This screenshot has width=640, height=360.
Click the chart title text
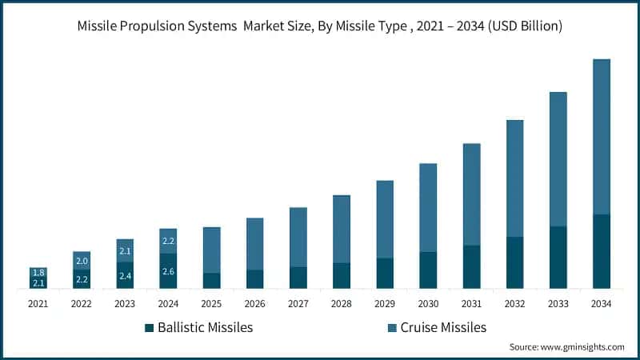[320, 26]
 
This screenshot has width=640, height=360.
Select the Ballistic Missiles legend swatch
[149, 327]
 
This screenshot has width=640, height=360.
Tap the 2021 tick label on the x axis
[38, 304]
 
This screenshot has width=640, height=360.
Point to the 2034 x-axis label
[601, 304]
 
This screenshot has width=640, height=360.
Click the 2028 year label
[342, 304]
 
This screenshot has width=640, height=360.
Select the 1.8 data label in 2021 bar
[38, 273]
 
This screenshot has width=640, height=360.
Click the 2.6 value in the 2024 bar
[168, 272]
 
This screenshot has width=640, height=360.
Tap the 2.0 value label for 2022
[82, 261]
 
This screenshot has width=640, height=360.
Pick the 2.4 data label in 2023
[125, 277]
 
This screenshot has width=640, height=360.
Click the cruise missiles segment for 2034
[601, 136]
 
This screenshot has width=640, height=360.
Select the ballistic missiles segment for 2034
[601, 251]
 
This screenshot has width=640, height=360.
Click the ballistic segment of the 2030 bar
[428, 270]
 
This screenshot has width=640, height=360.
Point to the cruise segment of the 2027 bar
[298, 237]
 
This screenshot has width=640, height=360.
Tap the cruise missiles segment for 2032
[514, 178]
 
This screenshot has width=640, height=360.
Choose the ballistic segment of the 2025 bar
[211, 281]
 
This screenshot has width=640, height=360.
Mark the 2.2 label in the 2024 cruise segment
[168, 241]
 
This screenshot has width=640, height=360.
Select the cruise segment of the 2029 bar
[385, 219]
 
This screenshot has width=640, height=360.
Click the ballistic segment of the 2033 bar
[558, 258]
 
